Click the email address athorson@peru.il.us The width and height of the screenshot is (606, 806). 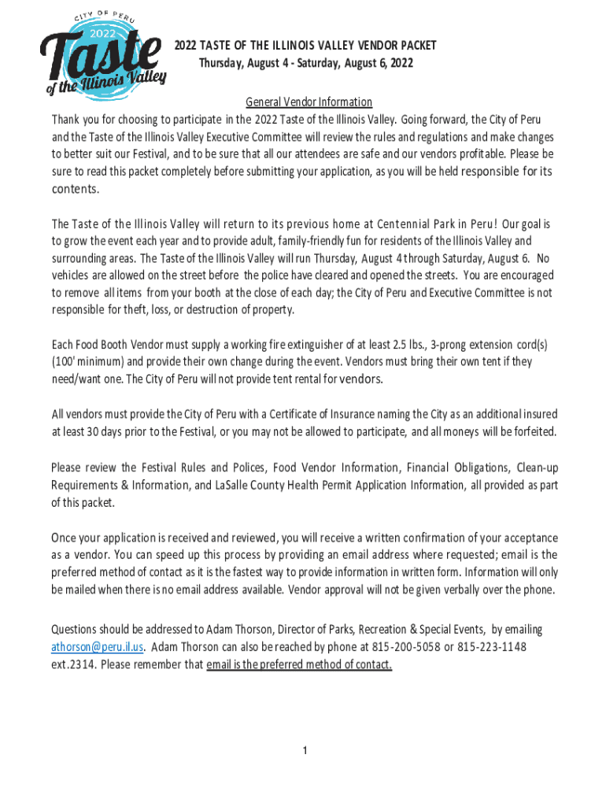[98, 647]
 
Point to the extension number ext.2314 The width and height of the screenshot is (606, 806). [74, 664]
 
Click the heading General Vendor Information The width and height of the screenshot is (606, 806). [309, 102]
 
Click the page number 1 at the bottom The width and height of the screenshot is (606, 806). [305, 750]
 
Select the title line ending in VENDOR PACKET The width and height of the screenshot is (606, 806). [305, 46]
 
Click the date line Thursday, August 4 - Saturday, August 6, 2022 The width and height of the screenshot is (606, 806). [305, 63]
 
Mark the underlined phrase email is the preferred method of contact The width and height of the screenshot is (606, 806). [299, 664]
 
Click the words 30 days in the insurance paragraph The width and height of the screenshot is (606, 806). [97, 431]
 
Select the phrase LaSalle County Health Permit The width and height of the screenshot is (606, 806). [284, 485]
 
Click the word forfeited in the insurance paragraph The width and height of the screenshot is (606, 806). [530, 431]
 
